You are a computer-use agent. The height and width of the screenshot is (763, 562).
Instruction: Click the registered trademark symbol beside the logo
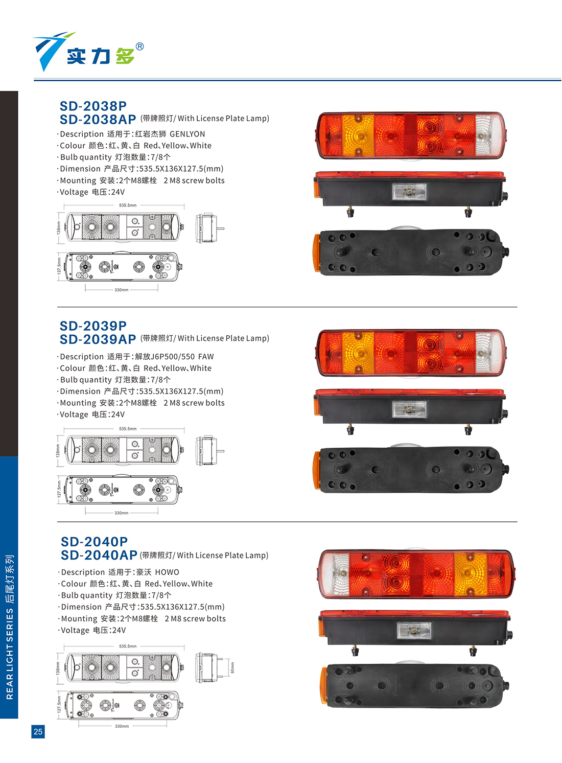pos(139,47)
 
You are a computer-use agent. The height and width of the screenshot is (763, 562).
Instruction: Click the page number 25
pos(38,731)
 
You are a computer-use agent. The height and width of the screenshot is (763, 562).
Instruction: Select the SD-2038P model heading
pos(93,106)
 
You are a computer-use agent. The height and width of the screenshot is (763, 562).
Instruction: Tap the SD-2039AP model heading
pos(98,339)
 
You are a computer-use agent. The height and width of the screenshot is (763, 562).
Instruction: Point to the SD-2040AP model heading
pos(99,555)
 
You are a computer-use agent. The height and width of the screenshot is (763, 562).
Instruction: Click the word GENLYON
pos(188,134)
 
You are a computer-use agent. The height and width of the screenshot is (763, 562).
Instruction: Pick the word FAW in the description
pos(206,356)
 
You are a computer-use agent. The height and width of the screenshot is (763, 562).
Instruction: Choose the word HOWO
pos(167,572)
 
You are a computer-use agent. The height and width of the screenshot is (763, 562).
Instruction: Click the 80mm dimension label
pos(232,667)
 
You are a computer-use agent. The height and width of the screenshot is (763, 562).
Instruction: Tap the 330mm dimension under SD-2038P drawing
pos(121,290)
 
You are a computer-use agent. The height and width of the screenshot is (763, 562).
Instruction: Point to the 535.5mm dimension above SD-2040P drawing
pos(128,646)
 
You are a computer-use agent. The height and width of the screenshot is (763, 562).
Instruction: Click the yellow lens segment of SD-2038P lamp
pos(358,135)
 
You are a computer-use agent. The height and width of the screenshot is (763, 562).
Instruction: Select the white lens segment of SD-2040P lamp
pos(336,574)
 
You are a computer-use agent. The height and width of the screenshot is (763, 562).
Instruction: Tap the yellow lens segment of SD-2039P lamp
pos(358,353)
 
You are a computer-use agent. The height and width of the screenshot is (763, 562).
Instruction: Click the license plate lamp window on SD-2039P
pos(409,409)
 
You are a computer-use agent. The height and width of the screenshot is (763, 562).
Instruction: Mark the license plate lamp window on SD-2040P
pos(414,631)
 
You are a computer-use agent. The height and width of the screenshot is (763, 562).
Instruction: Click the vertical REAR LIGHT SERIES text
pos(10,627)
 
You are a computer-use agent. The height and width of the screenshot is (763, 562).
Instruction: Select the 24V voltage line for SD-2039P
pos(91,414)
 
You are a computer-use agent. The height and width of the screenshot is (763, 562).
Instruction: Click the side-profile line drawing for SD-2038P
pos(209,228)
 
